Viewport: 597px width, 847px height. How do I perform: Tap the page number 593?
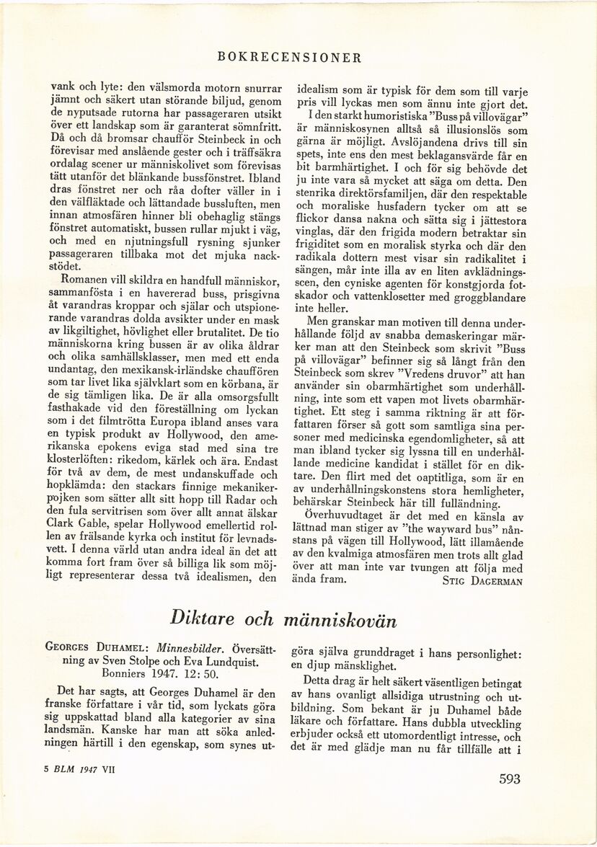coord(514,778)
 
